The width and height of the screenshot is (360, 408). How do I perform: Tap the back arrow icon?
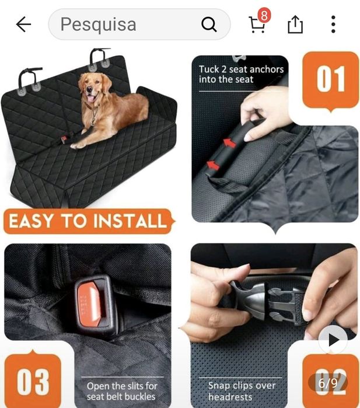tap(23, 25)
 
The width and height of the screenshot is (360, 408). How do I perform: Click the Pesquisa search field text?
tap(98, 25)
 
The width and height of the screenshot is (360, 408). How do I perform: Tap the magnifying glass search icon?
tap(208, 25)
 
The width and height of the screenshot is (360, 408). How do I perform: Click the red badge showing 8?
tap(264, 16)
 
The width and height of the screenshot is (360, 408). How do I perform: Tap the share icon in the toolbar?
tap(295, 25)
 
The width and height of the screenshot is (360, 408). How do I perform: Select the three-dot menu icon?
tap(333, 25)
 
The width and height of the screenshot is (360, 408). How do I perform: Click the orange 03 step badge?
tap(33, 380)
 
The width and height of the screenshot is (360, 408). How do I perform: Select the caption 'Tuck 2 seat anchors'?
tap(241, 69)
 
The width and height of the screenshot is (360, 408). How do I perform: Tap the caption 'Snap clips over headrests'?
tap(242, 391)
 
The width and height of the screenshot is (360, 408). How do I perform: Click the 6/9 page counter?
tap(328, 383)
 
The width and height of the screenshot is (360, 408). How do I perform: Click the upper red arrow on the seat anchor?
tap(228, 142)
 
